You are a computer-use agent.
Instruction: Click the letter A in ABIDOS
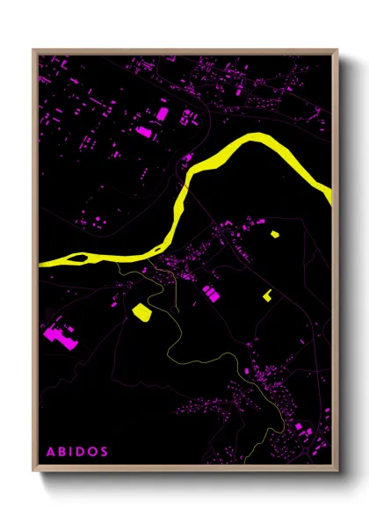pyautogui.click(x=50, y=451)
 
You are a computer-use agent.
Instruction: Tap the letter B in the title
pyautogui.click(x=62, y=451)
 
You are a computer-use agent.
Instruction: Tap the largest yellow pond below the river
pyautogui.click(x=141, y=310)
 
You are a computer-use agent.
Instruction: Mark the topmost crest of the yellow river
pyautogui.click(x=256, y=136)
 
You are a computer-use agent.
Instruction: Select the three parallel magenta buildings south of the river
pyautogui.click(x=210, y=293)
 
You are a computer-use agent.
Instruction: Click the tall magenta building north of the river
pyautogui.click(x=162, y=114)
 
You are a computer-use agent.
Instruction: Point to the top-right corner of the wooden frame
pyautogui.click(x=337, y=50)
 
